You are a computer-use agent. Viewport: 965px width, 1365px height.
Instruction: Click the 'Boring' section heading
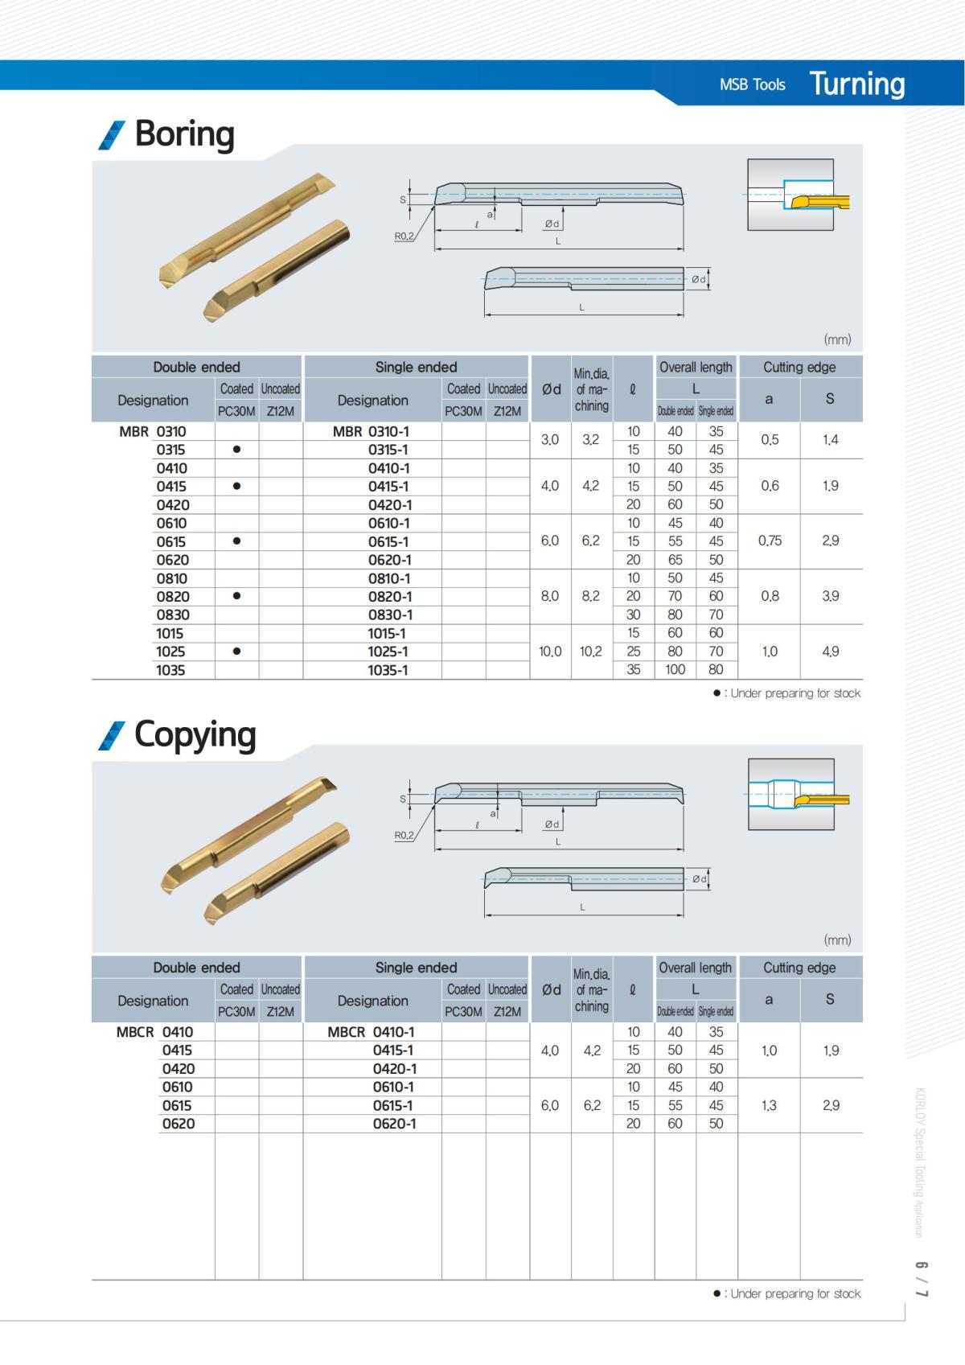pyautogui.click(x=184, y=134)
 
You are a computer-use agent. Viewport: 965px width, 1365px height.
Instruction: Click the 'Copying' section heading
pyautogui.click(x=195, y=734)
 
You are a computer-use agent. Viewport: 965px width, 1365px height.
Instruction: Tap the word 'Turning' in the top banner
pyautogui.click(x=856, y=84)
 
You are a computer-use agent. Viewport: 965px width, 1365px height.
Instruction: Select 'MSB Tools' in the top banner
pyautogui.click(x=752, y=84)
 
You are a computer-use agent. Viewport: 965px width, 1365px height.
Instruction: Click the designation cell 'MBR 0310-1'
pyautogui.click(x=372, y=431)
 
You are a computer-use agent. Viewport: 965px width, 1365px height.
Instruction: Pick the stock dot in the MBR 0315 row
pyautogui.click(x=236, y=450)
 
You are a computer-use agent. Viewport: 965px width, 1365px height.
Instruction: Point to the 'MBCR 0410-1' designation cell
pyautogui.click(x=372, y=1032)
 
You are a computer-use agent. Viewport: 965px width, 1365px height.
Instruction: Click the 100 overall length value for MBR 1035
pyautogui.click(x=675, y=669)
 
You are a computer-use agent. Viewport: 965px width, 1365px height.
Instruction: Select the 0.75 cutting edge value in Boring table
pyautogui.click(x=770, y=541)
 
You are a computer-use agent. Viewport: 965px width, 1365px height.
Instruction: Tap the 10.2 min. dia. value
pyautogui.click(x=590, y=652)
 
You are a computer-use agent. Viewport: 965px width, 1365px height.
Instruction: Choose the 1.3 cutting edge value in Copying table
pyautogui.click(x=769, y=1105)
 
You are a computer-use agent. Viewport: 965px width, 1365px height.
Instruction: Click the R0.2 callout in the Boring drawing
pyautogui.click(x=404, y=236)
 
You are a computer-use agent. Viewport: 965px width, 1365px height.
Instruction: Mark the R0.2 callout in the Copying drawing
pyautogui.click(x=404, y=835)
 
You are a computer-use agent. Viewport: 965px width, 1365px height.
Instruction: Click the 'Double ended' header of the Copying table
pyautogui.click(x=196, y=968)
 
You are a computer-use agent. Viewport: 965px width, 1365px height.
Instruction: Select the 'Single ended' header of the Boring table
pyautogui.click(x=416, y=367)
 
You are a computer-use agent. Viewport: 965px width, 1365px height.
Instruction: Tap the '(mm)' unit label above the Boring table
pyautogui.click(x=837, y=339)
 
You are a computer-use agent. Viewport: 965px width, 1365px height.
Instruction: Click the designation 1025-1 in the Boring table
pyautogui.click(x=388, y=652)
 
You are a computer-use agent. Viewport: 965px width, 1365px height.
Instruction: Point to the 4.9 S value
pyautogui.click(x=831, y=652)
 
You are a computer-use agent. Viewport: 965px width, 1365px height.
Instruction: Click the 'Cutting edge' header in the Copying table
pyautogui.click(x=799, y=968)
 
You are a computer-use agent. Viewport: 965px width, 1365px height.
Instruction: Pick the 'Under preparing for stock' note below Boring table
pyautogui.click(x=793, y=693)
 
